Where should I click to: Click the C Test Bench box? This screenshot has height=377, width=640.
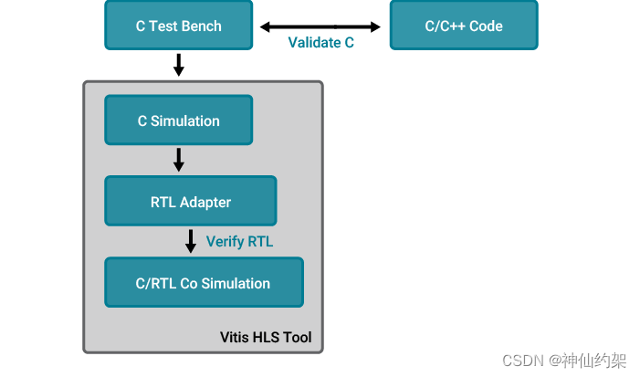point(179,26)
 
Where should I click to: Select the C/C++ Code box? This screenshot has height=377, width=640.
point(464,26)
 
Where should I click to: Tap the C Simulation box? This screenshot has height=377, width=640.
point(179,120)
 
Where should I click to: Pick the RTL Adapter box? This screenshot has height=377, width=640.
point(191,202)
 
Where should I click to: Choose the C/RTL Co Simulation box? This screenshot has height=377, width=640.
point(204,283)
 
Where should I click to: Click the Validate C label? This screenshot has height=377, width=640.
point(320,43)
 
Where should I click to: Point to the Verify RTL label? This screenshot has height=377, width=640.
point(239,242)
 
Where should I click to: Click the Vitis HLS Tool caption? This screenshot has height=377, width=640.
point(266,337)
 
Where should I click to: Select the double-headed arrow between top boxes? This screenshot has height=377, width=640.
point(320,26)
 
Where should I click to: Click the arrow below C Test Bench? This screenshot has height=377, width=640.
point(179,65)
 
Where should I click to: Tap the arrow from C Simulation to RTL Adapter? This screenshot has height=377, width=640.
point(179,161)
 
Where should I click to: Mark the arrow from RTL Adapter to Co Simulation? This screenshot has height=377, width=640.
point(191,242)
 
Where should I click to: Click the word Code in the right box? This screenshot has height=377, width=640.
point(486,26)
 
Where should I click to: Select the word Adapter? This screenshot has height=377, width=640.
point(205,202)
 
